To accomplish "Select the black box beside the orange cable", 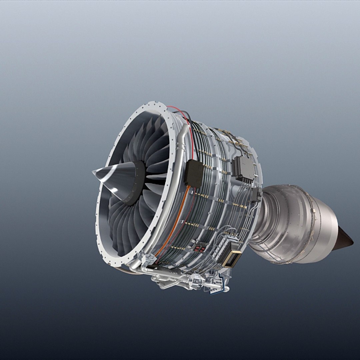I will tap(194, 173).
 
